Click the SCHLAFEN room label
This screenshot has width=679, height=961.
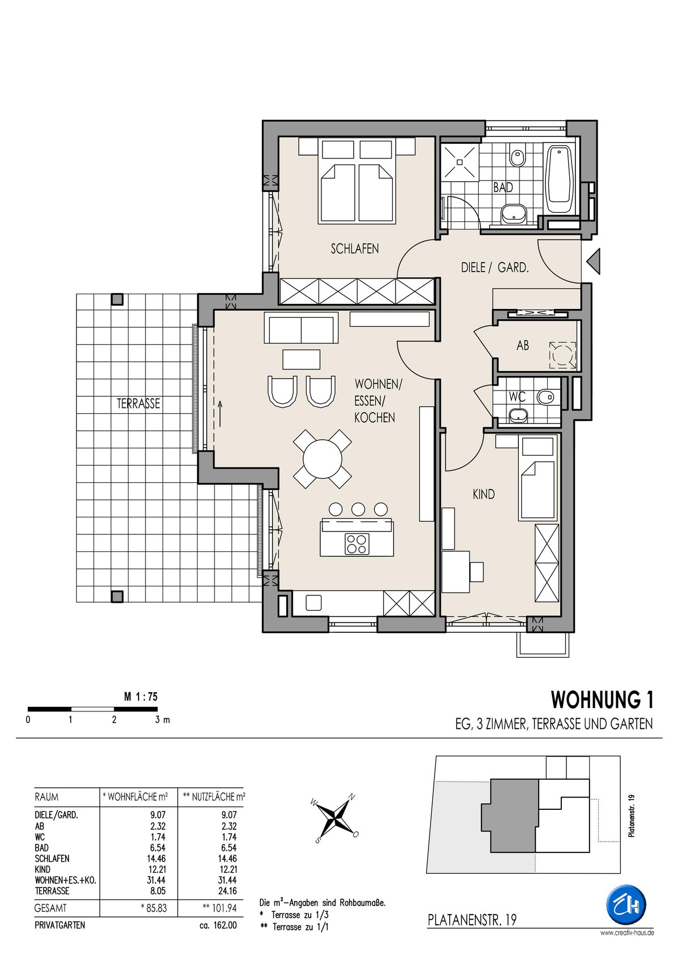(x=354, y=248)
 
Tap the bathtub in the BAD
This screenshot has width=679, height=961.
(x=560, y=179)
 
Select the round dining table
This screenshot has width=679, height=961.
(x=323, y=458)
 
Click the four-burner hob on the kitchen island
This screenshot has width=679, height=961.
(x=356, y=543)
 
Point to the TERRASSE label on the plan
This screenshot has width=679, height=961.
(x=138, y=404)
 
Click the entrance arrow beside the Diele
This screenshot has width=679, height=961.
(x=593, y=261)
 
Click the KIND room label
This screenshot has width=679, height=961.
(x=483, y=494)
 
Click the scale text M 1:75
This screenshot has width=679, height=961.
(x=141, y=697)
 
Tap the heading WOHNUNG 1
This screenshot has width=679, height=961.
(x=602, y=700)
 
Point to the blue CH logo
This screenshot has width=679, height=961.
(x=625, y=903)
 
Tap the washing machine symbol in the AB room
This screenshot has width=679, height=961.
(x=563, y=354)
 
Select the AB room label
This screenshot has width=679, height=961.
(x=522, y=345)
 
